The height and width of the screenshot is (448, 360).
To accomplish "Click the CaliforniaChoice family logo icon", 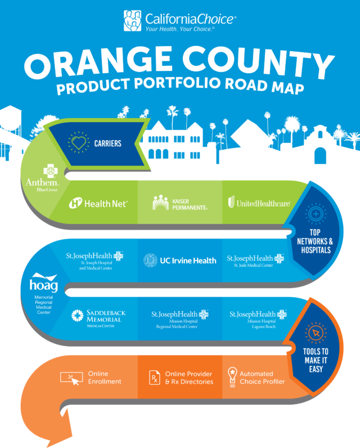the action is (132, 21).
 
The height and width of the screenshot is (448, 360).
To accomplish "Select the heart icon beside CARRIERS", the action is (79, 142).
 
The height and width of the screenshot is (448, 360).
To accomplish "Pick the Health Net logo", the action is (98, 203).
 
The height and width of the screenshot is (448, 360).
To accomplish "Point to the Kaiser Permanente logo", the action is (180, 203).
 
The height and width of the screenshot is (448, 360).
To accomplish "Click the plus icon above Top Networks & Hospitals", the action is (316, 214).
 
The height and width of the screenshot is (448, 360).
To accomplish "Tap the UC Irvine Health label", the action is (180, 260).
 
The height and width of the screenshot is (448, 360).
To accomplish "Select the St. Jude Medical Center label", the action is (255, 260).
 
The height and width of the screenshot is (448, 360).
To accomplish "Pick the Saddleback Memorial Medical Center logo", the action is (98, 319).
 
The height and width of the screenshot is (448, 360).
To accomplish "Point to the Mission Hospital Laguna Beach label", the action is (258, 319).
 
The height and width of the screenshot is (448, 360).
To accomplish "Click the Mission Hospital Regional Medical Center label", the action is (180, 319).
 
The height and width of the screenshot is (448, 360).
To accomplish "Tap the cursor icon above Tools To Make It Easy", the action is (316, 333).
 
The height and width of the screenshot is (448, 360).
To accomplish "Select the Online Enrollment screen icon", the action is (71, 378).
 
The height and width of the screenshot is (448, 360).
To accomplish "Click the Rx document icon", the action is (155, 378).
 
